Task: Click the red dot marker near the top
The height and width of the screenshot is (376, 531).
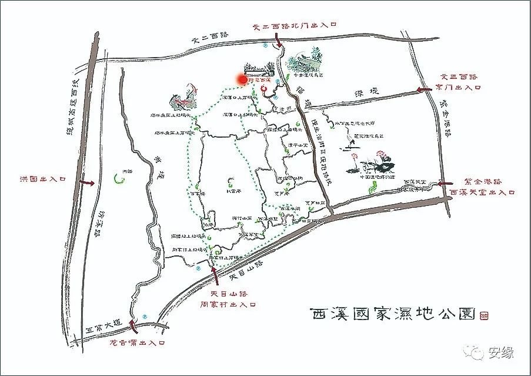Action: pyautogui.click(x=241, y=79)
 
